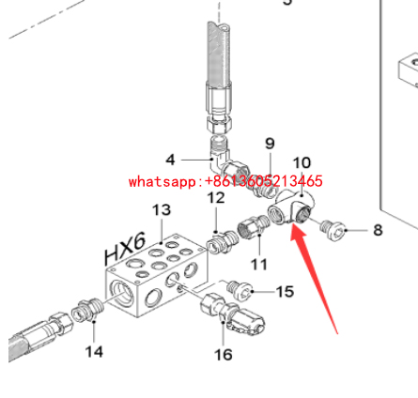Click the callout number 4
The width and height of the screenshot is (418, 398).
click(x=170, y=160)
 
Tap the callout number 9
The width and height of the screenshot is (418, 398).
click(x=270, y=144)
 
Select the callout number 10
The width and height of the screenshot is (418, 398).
click(x=302, y=163)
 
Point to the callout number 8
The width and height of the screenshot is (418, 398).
click(x=378, y=230)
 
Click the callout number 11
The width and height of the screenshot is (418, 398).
click(x=259, y=265)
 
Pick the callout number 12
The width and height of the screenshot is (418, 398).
click(x=216, y=198)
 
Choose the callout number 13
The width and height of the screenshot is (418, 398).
click(x=162, y=210)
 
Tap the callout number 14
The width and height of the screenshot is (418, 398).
click(x=94, y=352)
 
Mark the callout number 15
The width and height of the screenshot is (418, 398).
click(x=285, y=292)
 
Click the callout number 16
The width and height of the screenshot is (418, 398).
click(x=224, y=355)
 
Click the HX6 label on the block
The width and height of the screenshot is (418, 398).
click(x=125, y=249)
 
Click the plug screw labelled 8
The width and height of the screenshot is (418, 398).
click(x=333, y=229)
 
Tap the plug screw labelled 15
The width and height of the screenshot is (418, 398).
click(x=240, y=288)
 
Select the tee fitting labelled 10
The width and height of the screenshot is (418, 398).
click(x=291, y=207)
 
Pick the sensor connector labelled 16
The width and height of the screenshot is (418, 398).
click(x=233, y=314)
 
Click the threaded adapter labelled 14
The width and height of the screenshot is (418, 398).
click(x=87, y=310)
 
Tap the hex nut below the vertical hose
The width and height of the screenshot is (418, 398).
click(x=219, y=123)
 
